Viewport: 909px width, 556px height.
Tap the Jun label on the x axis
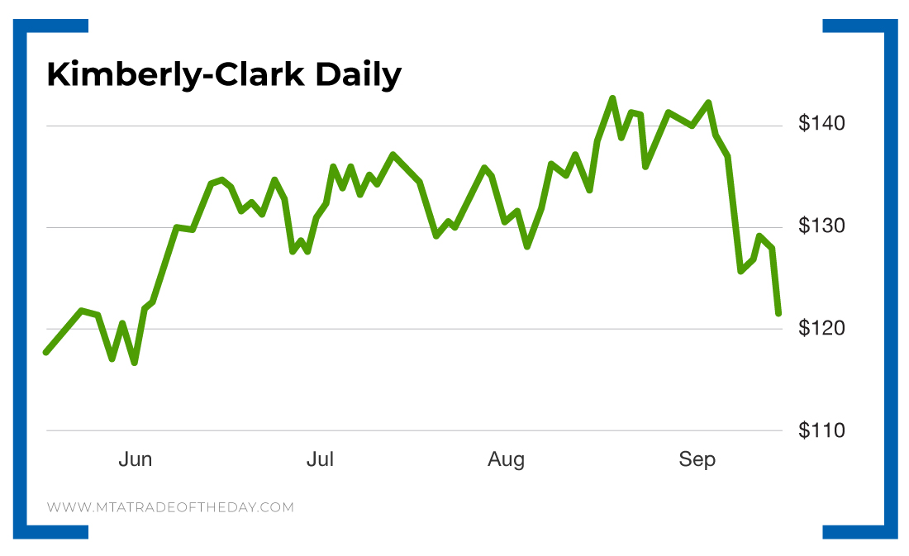[x=135, y=459]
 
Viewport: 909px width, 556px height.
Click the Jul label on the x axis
[x=320, y=459]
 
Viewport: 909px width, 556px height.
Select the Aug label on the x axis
[x=506, y=459]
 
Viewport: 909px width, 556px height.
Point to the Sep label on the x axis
[x=697, y=459]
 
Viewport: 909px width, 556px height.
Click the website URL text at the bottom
[x=170, y=507]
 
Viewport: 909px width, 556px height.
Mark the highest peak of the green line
[x=612, y=98]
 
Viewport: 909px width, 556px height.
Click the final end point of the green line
[x=778, y=313]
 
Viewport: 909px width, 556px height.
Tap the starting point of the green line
[x=46, y=352]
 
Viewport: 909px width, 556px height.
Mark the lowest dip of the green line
[x=134, y=363]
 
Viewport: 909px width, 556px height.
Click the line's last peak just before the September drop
[x=708, y=102]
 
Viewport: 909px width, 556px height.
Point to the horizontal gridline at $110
[x=413, y=430]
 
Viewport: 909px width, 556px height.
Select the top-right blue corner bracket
[x=876, y=29]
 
